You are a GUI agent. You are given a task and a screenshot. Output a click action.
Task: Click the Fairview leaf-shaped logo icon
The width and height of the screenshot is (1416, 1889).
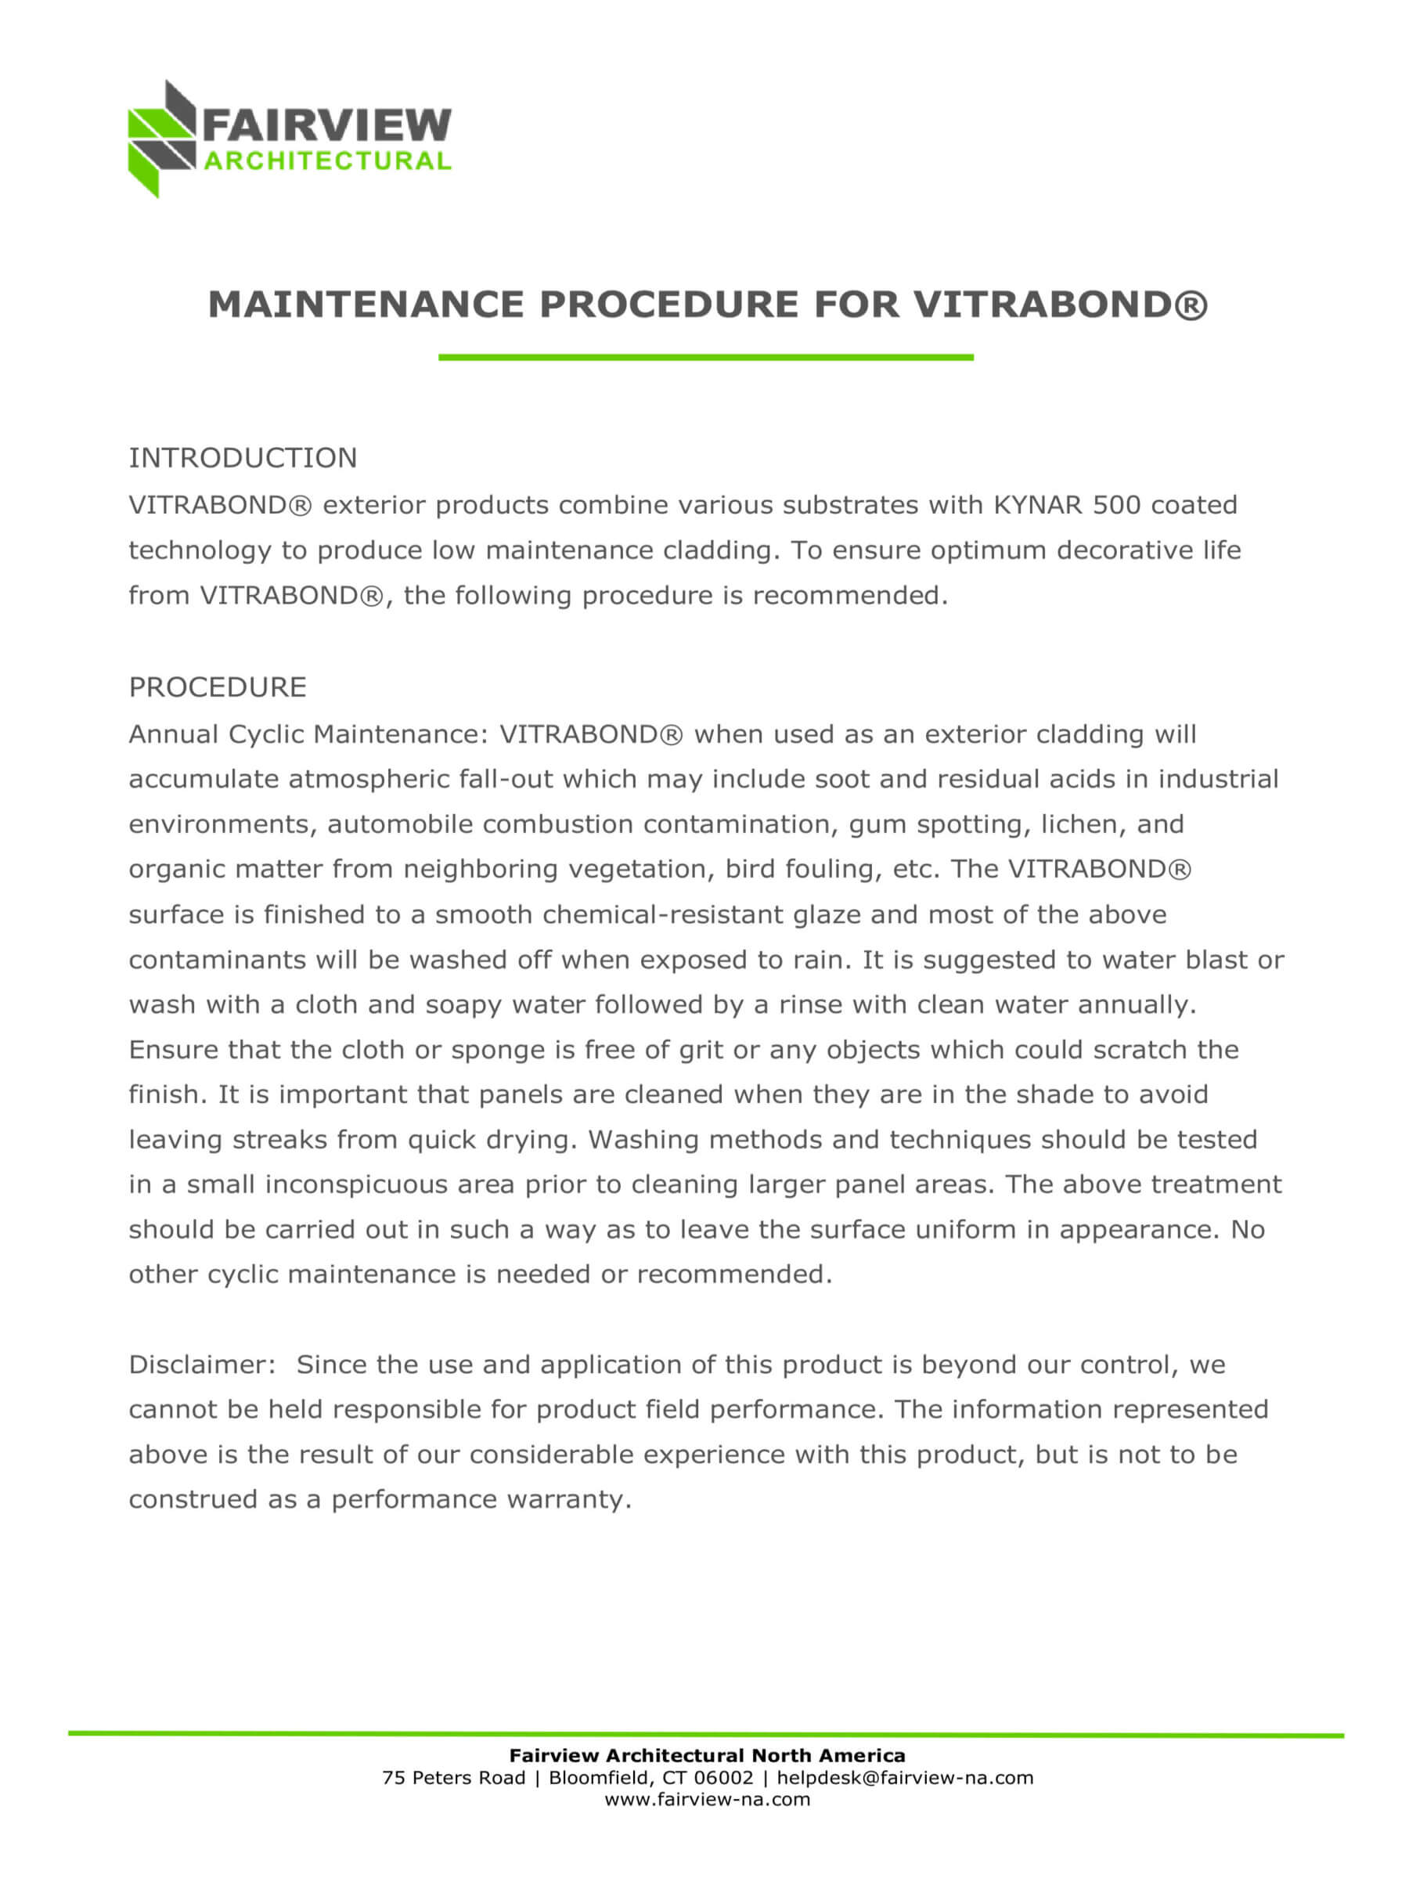pyautogui.click(x=160, y=139)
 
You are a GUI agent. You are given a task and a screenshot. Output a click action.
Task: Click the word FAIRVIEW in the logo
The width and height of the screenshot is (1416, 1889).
pyautogui.click(x=326, y=125)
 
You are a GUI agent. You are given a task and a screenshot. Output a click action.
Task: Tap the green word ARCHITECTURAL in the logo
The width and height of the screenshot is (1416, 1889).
pyautogui.click(x=327, y=161)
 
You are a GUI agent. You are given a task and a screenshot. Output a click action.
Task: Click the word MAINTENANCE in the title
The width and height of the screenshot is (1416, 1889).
pyautogui.click(x=366, y=305)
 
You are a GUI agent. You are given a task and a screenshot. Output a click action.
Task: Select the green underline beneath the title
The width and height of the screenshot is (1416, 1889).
pyautogui.click(x=705, y=357)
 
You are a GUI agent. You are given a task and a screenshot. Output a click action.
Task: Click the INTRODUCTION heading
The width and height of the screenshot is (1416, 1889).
pyautogui.click(x=243, y=459)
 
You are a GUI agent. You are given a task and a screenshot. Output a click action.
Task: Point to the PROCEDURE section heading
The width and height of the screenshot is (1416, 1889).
pyautogui.click(x=217, y=687)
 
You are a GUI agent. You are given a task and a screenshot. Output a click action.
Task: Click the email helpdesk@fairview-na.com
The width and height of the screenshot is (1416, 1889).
pyautogui.click(x=904, y=1777)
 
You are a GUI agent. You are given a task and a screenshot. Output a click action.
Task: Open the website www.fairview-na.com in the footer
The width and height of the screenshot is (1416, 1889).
pyautogui.click(x=707, y=1799)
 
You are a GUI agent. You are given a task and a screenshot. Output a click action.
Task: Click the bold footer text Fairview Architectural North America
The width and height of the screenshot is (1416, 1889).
pyautogui.click(x=707, y=1755)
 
